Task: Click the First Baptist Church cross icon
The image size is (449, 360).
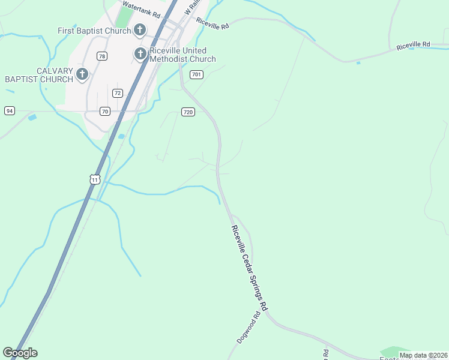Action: tap(140, 30)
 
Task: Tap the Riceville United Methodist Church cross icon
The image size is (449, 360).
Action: tap(140, 55)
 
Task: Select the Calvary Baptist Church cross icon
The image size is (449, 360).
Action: tap(82, 75)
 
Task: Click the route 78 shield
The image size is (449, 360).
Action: tap(102, 56)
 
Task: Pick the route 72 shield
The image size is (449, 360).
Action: tap(118, 93)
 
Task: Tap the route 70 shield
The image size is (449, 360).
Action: tap(105, 111)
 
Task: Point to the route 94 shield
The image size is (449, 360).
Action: tap(9, 110)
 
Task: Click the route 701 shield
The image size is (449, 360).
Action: tap(196, 74)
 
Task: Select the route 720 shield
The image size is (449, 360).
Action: tap(188, 112)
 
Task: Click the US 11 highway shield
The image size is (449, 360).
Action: tap(94, 179)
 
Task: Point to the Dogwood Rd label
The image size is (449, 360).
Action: tap(249, 328)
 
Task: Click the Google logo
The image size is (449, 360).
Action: tap(20, 352)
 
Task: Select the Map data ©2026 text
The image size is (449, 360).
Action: tap(423, 355)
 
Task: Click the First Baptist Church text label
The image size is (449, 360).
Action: tap(95, 30)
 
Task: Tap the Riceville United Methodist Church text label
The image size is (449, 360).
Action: tap(182, 55)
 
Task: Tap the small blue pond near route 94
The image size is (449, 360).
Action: tap(32, 117)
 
